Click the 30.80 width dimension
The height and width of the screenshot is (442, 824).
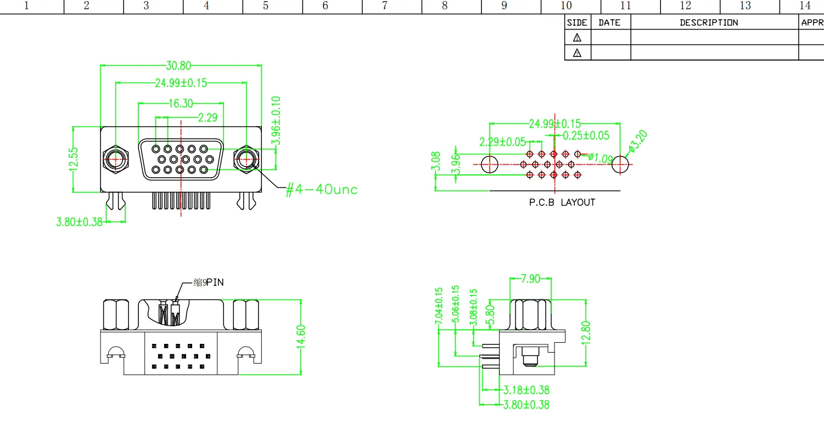click(178, 66)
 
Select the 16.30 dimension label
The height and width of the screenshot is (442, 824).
click(181, 103)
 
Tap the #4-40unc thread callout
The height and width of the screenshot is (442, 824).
click(322, 190)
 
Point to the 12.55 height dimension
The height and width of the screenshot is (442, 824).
click(74, 159)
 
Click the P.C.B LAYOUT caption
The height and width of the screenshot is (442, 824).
click(562, 202)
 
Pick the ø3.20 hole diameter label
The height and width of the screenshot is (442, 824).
click(638, 141)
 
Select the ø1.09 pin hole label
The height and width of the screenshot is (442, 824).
click(601, 158)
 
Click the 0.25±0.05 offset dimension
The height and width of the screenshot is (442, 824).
click(586, 135)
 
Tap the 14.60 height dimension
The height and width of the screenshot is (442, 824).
click(301, 337)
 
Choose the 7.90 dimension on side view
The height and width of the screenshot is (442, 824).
click(530, 279)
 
